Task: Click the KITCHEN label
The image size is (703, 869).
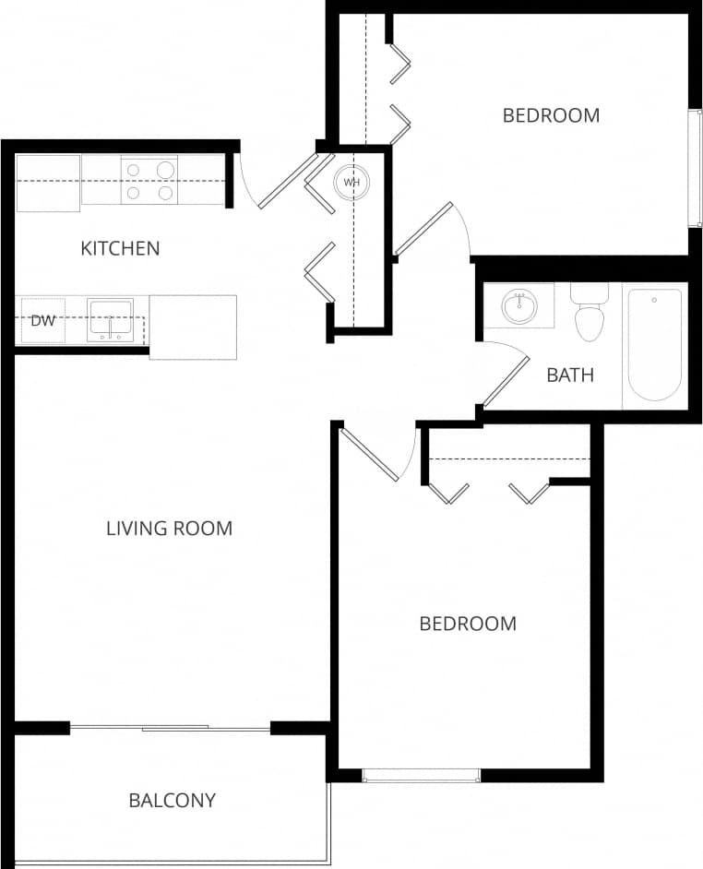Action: (x=120, y=248)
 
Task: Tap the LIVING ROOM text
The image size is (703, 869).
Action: (x=169, y=529)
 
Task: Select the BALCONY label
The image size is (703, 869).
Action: (x=172, y=800)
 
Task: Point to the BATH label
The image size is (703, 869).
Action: (x=570, y=375)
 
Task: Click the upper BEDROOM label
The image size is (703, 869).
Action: (x=551, y=115)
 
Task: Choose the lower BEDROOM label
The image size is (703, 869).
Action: (x=468, y=624)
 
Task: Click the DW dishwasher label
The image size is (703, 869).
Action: (x=42, y=321)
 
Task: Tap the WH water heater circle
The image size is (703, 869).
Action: (x=351, y=182)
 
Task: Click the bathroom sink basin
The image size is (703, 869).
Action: (x=519, y=304)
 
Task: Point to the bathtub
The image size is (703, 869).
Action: (x=654, y=344)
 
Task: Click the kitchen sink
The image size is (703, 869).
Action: (x=110, y=320)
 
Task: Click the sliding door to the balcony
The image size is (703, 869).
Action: (x=172, y=729)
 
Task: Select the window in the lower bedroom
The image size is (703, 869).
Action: (x=421, y=775)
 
